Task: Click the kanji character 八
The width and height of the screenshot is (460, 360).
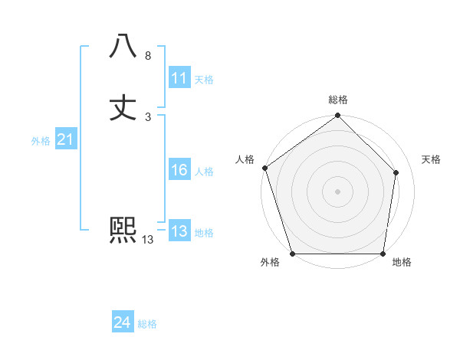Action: [123, 47]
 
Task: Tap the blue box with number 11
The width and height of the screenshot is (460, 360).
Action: [179, 78]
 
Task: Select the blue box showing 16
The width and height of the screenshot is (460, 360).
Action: [179, 170]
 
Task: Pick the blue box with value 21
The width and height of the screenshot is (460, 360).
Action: [65, 139]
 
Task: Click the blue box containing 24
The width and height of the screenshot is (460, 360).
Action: [123, 322]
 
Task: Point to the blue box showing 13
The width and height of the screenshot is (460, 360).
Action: [179, 231]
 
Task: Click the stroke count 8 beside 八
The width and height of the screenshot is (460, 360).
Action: [148, 56]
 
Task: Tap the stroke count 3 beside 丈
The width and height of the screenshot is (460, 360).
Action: [148, 116]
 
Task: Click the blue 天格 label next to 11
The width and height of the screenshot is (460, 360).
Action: [204, 80]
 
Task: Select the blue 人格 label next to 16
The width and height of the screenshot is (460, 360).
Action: [204, 172]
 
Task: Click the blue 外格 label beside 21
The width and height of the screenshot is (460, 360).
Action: [41, 141]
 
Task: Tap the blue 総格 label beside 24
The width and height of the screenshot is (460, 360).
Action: [147, 324]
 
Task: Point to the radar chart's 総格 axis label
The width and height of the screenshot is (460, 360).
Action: [338, 100]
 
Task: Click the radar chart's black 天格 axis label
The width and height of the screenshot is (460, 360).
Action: [431, 159]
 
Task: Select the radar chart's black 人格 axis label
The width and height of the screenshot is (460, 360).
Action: [245, 159]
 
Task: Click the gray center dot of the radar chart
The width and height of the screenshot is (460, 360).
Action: [338, 191]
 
